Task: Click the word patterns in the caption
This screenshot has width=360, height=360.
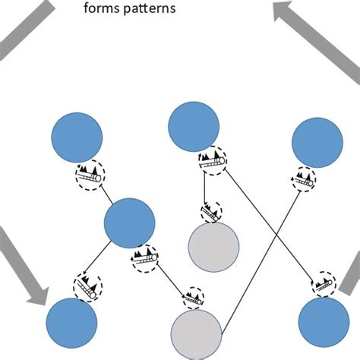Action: click(x=149, y=10)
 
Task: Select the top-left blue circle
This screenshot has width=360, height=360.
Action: click(x=76, y=137)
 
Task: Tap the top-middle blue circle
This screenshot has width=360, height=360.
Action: click(x=194, y=126)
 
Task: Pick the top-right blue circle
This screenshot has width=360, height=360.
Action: click(x=317, y=142)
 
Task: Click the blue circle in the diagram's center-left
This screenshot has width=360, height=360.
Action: click(x=129, y=223)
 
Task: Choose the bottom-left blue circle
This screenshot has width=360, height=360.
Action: click(x=72, y=324)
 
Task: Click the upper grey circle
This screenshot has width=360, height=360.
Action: click(x=213, y=248)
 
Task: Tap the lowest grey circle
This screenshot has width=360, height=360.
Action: click(x=196, y=335)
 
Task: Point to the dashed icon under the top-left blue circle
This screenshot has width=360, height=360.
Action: click(x=90, y=175)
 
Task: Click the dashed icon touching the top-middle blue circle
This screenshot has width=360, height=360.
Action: click(x=212, y=160)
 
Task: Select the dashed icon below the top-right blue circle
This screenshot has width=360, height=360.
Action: click(x=304, y=181)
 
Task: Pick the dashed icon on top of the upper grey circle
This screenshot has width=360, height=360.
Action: click(x=211, y=212)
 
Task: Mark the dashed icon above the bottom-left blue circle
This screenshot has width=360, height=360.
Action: click(x=87, y=286)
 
